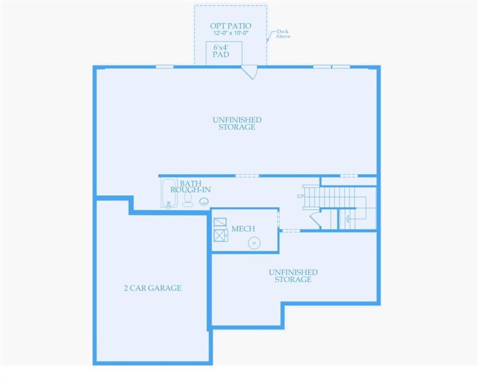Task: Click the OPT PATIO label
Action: tap(230, 26)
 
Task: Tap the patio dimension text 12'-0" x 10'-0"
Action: tap(230, 33)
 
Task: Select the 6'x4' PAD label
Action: tap(221, 50)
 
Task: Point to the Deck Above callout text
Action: tap(283, 34)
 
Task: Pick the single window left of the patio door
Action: tap(164, 67)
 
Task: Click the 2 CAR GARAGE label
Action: tap(153, 288)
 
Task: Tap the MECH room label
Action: tap(243, 229)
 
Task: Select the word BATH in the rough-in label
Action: tap(191, 184)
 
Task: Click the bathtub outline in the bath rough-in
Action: tap(169, 193)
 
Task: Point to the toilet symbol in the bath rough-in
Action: tap(188, 199)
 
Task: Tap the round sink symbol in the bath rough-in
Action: tap(204, 201)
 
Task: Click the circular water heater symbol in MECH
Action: tap(254, 243)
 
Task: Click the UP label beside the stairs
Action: tap(300, 196)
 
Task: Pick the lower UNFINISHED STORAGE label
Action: tap(293, 276)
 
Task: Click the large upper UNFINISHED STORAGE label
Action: tap(237, 123)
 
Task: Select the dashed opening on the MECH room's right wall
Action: tap(278, 218)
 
